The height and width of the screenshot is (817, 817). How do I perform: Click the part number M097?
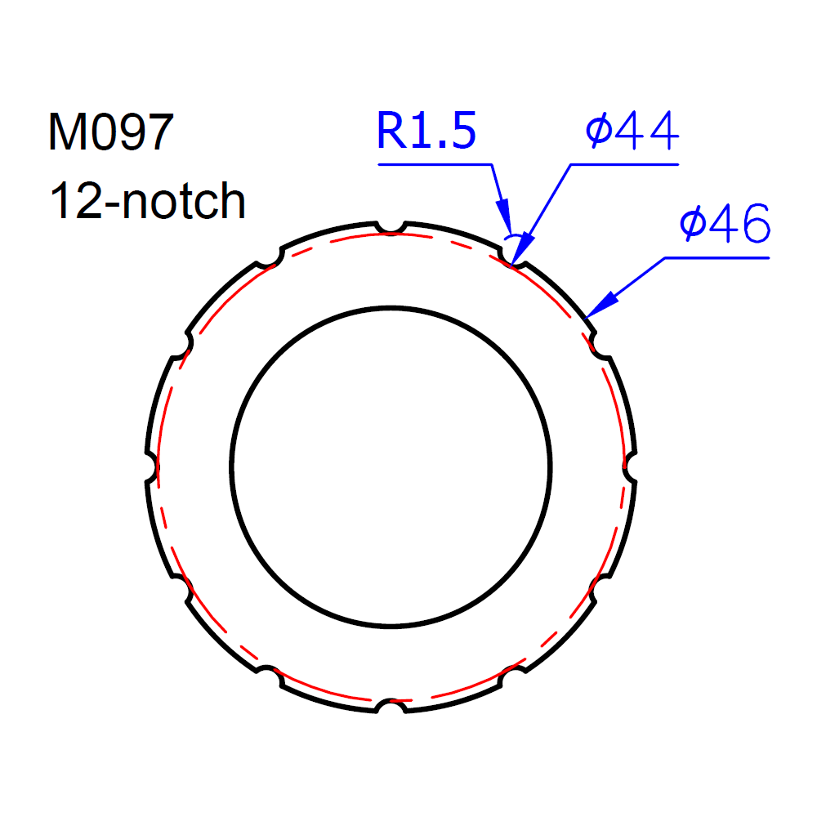pyautogui.click(x=111, y=132)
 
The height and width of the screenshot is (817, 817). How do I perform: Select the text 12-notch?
pyautogui.click(x=147, y=201)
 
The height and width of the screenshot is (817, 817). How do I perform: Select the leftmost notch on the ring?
pyautogui.click(x=152, y=467)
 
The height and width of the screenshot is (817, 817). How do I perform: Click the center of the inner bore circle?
pyautogui.click(x=391, y=467)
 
